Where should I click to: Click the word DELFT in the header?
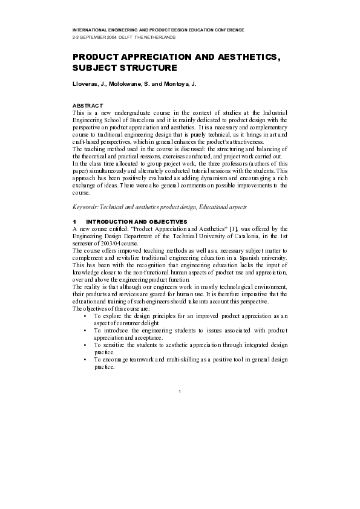click(x=126, y=36)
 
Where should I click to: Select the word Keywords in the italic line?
click(x=85, y=207)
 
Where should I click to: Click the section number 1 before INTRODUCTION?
click(x=74, y=222)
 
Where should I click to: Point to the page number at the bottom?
click(x=180, y=392)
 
